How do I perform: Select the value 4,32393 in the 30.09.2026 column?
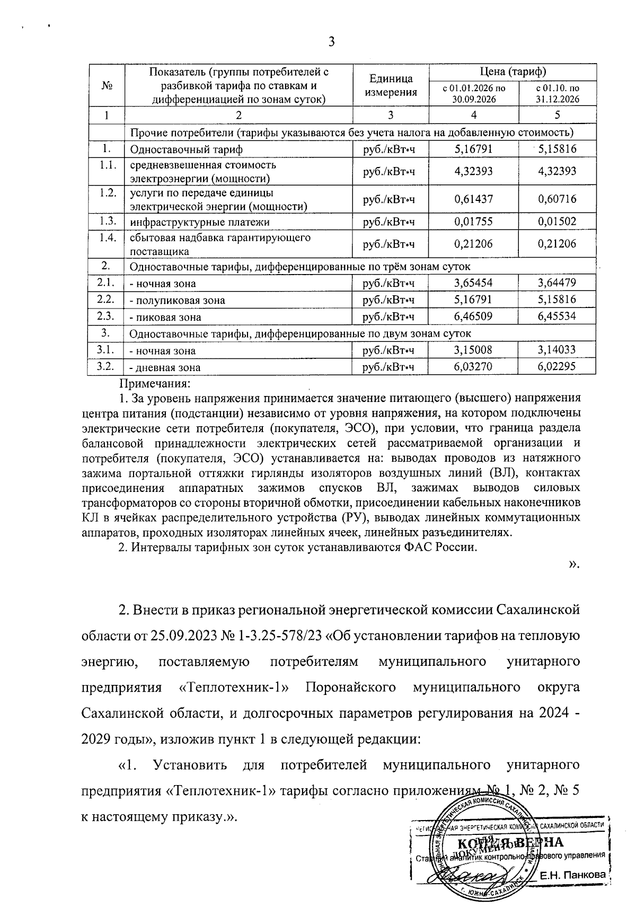click(x=473, y=172)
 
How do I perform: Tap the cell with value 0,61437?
click(x=473, y=199)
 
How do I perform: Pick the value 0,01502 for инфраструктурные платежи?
click(x=556, y=222)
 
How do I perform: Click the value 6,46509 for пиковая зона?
click(x=473, y=317)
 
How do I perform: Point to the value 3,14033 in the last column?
click(x=556, y=350)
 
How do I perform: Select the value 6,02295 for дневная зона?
click(x=556, y=366)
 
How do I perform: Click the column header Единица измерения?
click(x=391, y=85)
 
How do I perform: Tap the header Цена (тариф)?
click(x=513, y=72)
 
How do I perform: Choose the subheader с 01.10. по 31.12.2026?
click(x=557, y=94)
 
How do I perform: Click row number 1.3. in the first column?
click(x=107, y=221)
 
